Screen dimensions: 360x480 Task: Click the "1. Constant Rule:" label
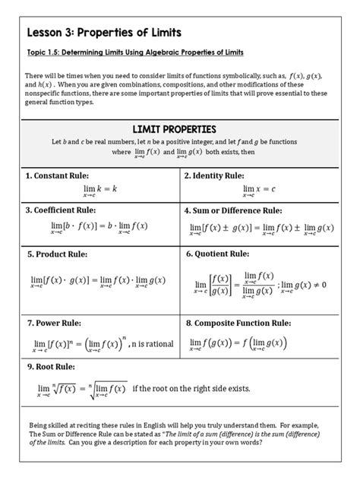[x=60, y=175]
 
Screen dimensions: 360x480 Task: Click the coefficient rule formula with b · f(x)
[x=101, y=228]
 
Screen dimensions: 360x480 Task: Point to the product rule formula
[x=101, y=281]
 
